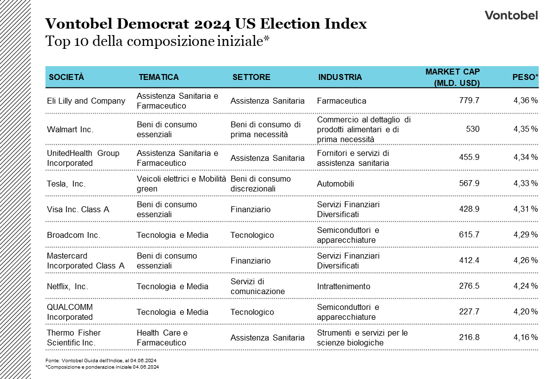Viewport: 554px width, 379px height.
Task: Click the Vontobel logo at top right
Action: pyautogui.click(x=511, y=15)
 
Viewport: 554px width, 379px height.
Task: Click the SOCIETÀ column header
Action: pyautogui.click(x=67, y=77)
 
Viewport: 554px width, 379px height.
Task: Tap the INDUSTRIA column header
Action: pyautogui.click(x=340, y=77)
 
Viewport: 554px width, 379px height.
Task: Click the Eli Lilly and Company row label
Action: pyautogui.click(x=86, y=101)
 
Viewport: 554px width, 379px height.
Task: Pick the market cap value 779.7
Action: pyautogui.click(x=469, y=101)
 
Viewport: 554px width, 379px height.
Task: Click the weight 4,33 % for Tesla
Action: pyautogui.click(x=525, y=184)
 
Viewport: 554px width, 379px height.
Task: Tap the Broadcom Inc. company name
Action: pyautogui.click(x=74, y=235)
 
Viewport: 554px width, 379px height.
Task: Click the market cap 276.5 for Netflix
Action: pyautogui.click(x=469, y=286)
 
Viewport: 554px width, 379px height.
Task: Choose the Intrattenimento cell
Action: pyautogui.click(x=343, y=286)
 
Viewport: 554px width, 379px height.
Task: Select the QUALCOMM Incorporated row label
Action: pyautogui.click(x=70, y=312)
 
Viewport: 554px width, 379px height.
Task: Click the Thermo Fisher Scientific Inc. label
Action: pyautogui.click(x=74, y=338)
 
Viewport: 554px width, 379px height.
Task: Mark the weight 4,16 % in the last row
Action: pyautogui.click(x=525, y=338)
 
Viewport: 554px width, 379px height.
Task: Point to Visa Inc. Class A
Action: pyautogui.click(x=78, y=209)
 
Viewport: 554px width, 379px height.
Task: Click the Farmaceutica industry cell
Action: pyautogui.click(x=341, y=101)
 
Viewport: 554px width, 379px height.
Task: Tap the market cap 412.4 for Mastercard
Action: pyautogui.click(x=469, y=261)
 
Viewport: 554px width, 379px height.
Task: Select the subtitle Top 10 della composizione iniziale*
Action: pyautogui.click(x=157, y=41)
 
